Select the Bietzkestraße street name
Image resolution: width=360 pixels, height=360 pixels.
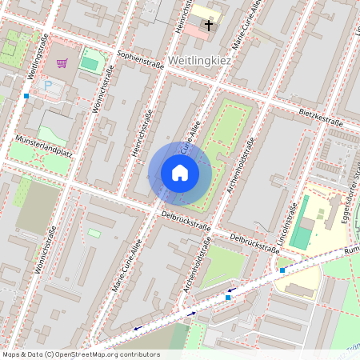320,118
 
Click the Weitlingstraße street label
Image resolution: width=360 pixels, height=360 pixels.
39,57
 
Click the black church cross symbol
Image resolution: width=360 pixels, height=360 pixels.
209,26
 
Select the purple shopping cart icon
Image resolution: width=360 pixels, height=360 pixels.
62,62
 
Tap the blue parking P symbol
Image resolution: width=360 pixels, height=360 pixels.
48,86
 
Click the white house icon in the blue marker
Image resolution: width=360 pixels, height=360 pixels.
180,173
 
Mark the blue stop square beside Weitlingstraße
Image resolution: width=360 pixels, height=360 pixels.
26,96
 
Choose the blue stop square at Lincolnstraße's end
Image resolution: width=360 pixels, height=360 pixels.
282,270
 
